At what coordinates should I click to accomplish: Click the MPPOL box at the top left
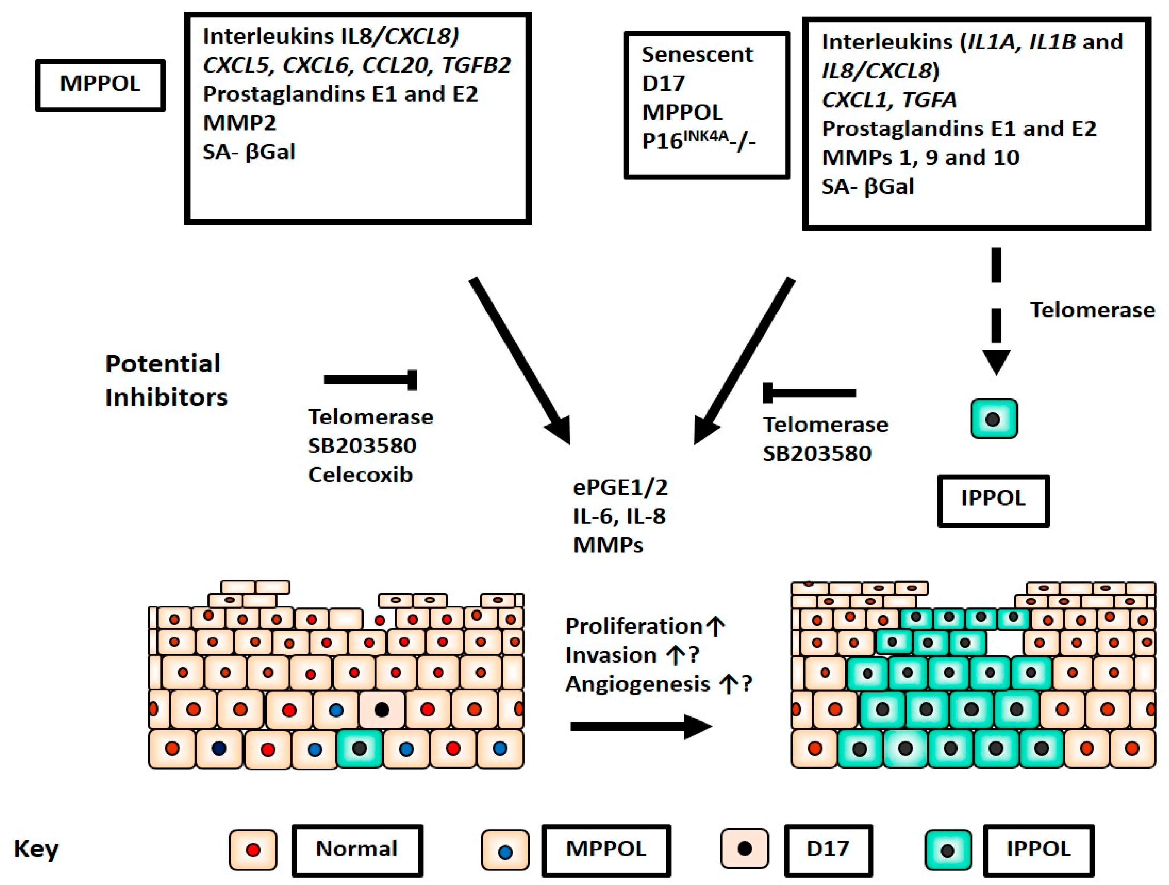pyautogui.click(x=101, y=85)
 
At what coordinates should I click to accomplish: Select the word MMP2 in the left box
pyautogui.click(x=239, y=123)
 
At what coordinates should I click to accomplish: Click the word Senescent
pyautogui.click(x=697, y=54)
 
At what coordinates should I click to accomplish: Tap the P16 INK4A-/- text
pyautogui.click(x=699, y=141)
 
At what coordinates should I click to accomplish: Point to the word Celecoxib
pyautogui.click(x=360, y=475)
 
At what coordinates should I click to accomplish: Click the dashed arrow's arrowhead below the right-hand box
pyautogui.click(x=996, y=363)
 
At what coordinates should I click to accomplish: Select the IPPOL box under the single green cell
pyautogui.click(x=994, y=501)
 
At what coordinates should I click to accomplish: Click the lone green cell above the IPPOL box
pyautogui.click(x=994, y=419)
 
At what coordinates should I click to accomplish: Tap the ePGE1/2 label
pyautogui.click(x=621, y=487)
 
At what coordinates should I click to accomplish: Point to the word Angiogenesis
pyautogui.click(x=638, y=684)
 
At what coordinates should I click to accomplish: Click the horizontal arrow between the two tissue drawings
pyautogui.click(x=641, y=727)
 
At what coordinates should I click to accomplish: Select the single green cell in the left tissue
pyautogui.click(x=359, y=748)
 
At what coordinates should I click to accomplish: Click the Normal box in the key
pyautogui.click(x=357, y=850)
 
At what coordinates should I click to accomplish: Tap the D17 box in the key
pyautogui.click(x=828, y=850)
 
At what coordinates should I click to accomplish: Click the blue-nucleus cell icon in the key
pyautogui.click(x=505, y=850)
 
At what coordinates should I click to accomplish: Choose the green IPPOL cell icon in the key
pyautogui.click(x=949, y=850)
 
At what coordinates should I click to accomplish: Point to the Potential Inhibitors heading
pyautogui.click(x=166, y=380)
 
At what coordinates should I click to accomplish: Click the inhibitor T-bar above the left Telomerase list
pyautogui.click(x=370, y=380)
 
